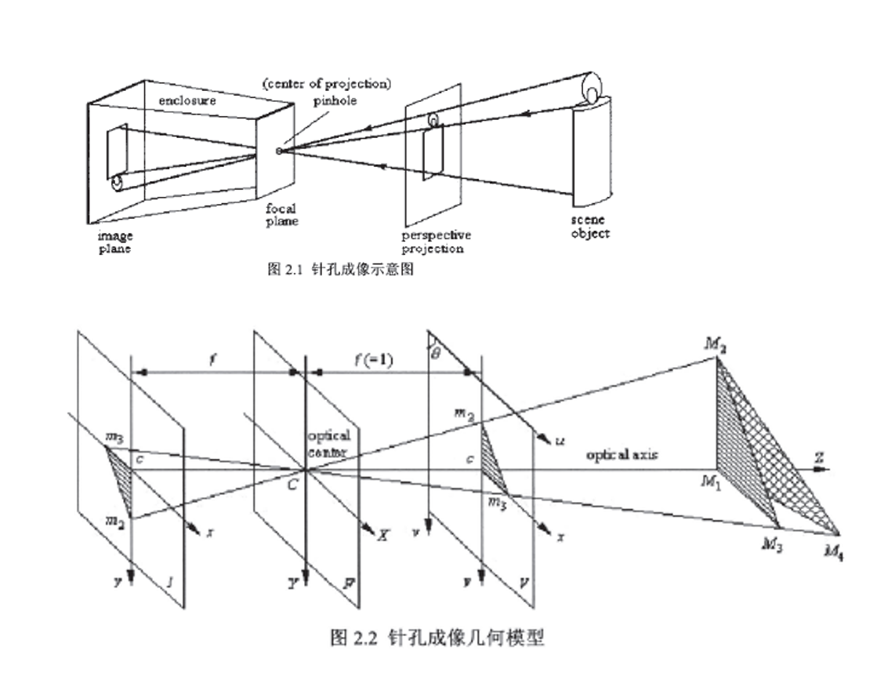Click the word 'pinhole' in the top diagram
pyautogui.click(x=336, y=101)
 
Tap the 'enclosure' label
pyautogui.click(x=187, y=100)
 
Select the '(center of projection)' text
pyautogui.click(x=327, y=84)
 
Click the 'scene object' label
pyautogui.click(x=590, y=227)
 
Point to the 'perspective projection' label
pyautogui.click(x=437, y=242)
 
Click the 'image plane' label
pyautogui.click(x=114, y=242)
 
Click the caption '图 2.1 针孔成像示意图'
pyautogui.click(x=340, y=270)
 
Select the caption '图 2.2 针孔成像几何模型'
pyautogui.click(x=436, y=638)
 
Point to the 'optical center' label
pyautogui.click(x=328, y=442)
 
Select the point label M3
pyautogui.click(x=774, y=544)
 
